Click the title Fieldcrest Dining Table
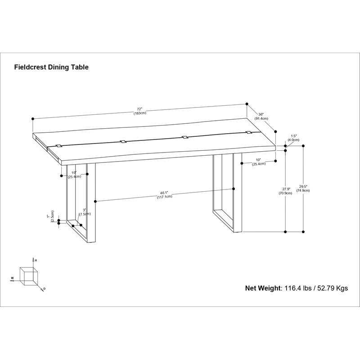click(51, 67)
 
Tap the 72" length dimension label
click(140, 111)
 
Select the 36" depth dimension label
click(261, 117)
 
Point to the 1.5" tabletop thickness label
click(293, 138)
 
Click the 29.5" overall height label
click(303, 189)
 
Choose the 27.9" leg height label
click(286, 191)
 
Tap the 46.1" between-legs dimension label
click(164, 195)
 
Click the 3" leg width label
click(85, 212)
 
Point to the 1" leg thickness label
click(50, 216)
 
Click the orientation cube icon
click(29, 276)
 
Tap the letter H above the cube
click(36, 261)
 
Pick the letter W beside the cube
click(12, 278)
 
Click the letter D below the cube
click(44, 289)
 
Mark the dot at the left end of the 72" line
click(33, 119)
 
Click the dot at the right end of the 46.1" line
click(234, 189)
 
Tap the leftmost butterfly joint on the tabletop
click(59, 146)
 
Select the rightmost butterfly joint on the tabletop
click(248, 132)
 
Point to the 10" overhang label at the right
click(259, 162)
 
